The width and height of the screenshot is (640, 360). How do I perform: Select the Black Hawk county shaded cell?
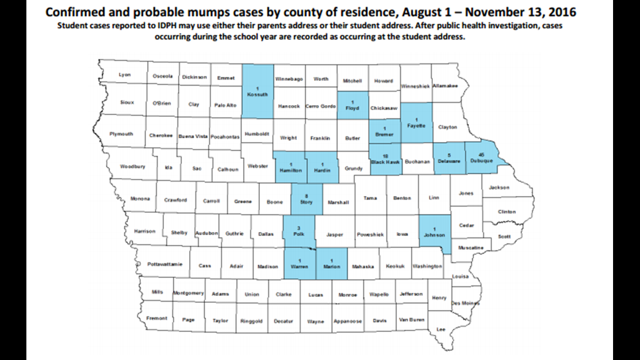[x=385, y=158]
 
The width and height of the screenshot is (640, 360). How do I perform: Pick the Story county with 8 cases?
[x=307, y=199]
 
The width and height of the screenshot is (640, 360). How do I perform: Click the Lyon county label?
[x=125, y=75]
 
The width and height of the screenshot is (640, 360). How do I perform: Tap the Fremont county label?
[x=157, y=318]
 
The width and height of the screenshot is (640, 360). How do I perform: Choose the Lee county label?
[x=441, y=329]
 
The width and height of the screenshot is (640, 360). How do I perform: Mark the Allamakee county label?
[x=445, y=85]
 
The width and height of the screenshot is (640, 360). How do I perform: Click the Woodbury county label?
[x=132, y=167]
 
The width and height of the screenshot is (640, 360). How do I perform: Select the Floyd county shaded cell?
[x=352, y=105]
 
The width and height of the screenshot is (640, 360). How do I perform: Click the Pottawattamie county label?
[x=164, y=264]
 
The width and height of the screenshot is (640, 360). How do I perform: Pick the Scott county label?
[x=505, y=236]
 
